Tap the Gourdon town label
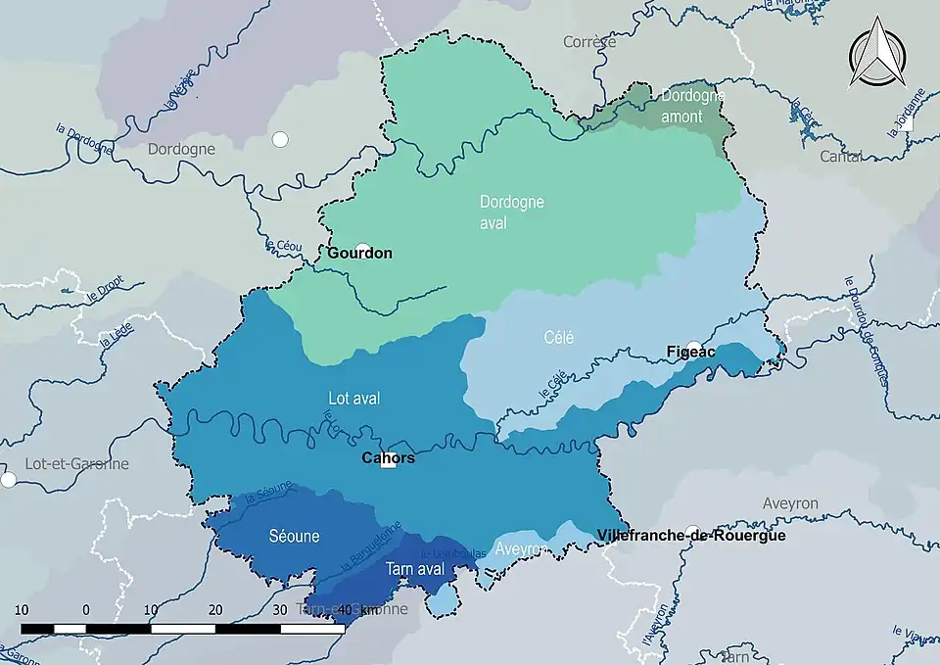pyautogui.click(x=359, y=254)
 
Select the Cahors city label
pyautogui.click(x=388, y=458)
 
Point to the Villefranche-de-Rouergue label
pyautogui.click(x=690, y=536)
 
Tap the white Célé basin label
pyautogui.click(x=559, y=338)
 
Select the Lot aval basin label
pyautogui.click(x=353, y=399)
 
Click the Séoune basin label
pyautogui.click(x=294, y=537)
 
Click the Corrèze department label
pyautogui.click(x=589, y=42)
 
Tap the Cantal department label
pyautogui.click(x=841, y=157)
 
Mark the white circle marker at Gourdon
pyautogui.click(x=362, y=249)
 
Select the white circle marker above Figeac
pyautogui.click(x=694, y=346)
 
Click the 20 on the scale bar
pyautogui.click(x=215, y=609)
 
